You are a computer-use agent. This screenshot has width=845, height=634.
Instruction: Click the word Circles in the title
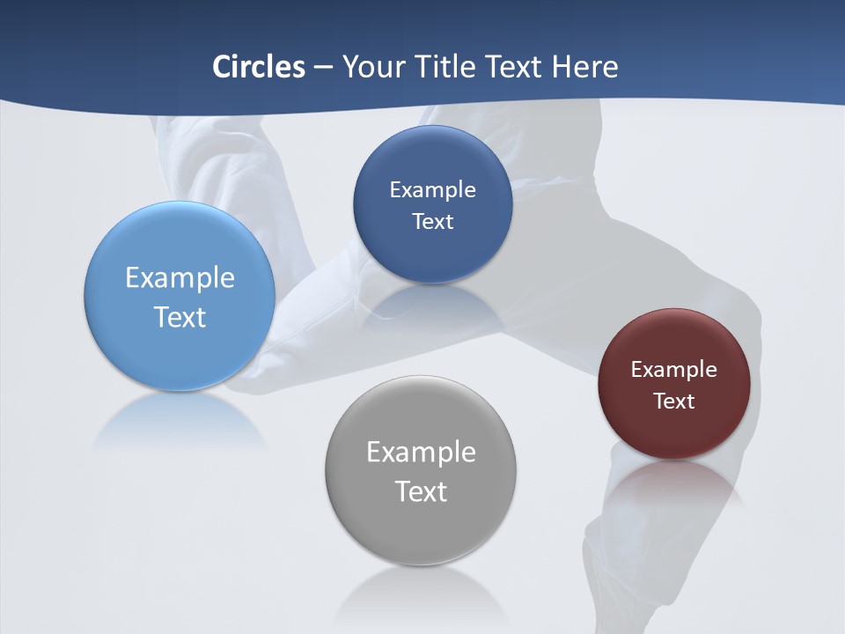[259, 67]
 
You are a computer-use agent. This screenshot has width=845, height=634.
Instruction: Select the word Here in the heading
[585, 67]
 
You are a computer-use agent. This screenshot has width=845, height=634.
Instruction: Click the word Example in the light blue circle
[180, 277]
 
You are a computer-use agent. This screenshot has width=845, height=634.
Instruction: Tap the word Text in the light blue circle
[180, 317]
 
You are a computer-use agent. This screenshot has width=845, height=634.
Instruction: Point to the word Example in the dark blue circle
[432, 189]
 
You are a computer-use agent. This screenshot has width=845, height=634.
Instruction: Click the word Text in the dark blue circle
[432, 221]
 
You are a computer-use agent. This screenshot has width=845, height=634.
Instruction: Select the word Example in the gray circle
[421, 452]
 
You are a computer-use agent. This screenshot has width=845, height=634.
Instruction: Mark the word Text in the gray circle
[421, 491]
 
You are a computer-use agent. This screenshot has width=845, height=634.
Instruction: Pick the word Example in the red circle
[673, 369]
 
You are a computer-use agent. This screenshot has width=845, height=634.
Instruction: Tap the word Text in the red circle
[673, 401]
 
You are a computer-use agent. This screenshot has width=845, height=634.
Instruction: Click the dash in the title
[322, 67]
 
